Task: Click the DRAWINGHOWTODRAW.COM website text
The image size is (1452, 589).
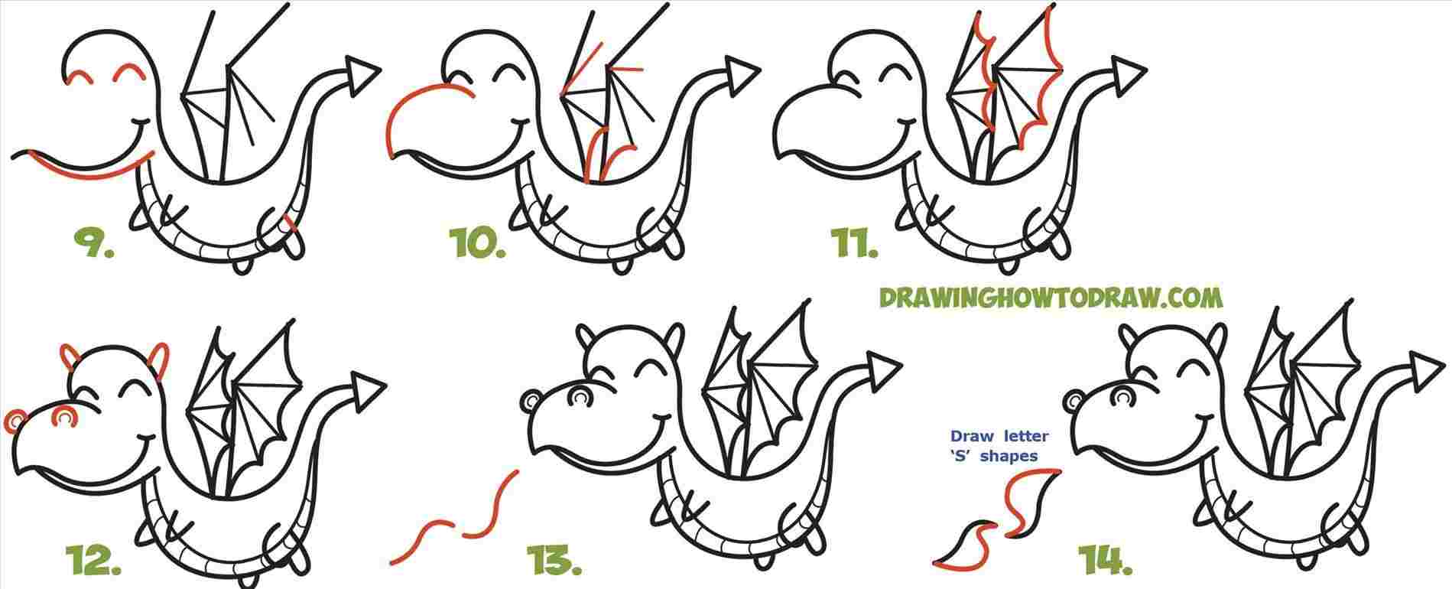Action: (x=1049, y=298)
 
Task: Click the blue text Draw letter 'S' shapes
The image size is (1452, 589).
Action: (x=999, y=446)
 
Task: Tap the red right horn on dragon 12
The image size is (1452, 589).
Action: (x=160, y=360)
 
